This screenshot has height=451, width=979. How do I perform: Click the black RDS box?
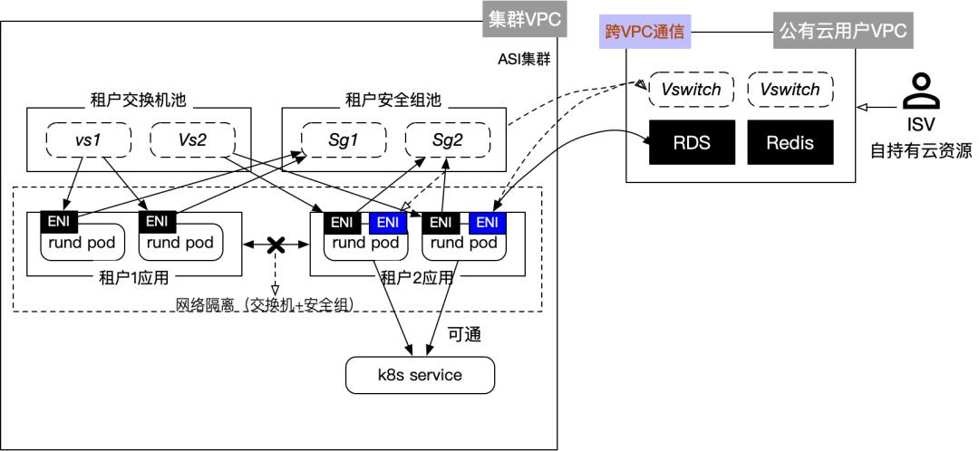tap(692, 142)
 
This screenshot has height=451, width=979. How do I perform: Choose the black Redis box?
tap(790, 142)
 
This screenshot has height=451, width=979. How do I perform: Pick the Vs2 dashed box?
tap(191, 141)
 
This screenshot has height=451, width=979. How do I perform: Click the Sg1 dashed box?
tap(344, 141)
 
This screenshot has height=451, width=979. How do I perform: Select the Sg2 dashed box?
tap(447, 141)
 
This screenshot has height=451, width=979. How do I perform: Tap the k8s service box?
tap(421, 375)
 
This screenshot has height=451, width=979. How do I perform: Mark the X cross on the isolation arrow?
tap(275, 245)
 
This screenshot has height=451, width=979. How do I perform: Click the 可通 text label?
tap(463, 335)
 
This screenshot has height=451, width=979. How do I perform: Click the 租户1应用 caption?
tap(134, 276)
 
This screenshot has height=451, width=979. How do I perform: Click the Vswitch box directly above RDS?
tap(691, 90)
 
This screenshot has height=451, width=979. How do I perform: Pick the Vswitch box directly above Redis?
tap(790, 90)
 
